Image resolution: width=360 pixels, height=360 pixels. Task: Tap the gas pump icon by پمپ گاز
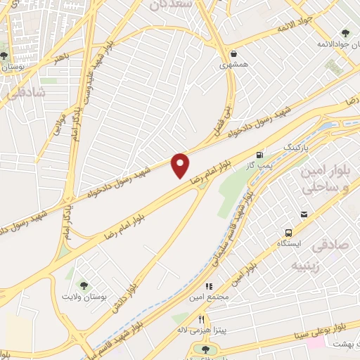261,154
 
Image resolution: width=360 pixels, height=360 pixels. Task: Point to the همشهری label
234,64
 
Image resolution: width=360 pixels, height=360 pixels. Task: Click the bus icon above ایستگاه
288,233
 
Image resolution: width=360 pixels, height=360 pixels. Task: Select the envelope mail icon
303,214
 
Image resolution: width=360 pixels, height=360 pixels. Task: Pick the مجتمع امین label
210,298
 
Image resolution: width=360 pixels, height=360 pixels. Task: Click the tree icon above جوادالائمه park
345,32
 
